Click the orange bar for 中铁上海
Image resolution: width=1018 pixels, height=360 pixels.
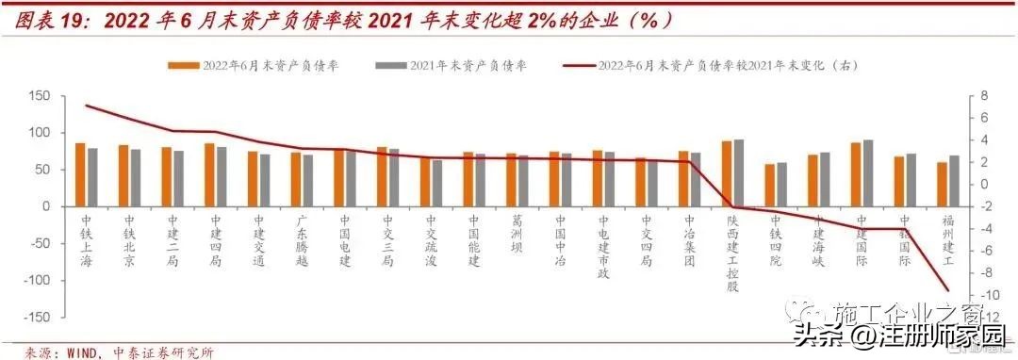coord(80,174)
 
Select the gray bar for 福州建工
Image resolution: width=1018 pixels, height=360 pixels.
coord(954,181)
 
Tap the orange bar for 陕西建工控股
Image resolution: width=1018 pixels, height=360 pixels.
coord(727,173)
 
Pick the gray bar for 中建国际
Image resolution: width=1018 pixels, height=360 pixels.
coord(867,172)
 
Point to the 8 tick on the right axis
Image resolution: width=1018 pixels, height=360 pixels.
coord(986,96)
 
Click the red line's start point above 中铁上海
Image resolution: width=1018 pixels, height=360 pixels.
coord(86,106)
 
